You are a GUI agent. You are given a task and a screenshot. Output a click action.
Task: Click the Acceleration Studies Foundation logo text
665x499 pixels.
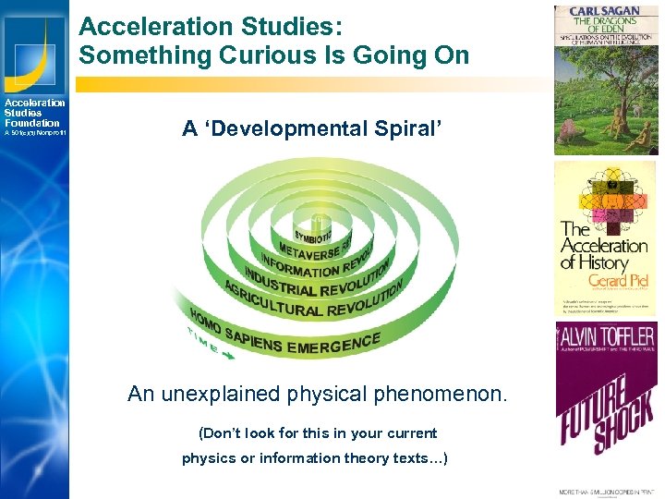pos(34,113)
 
